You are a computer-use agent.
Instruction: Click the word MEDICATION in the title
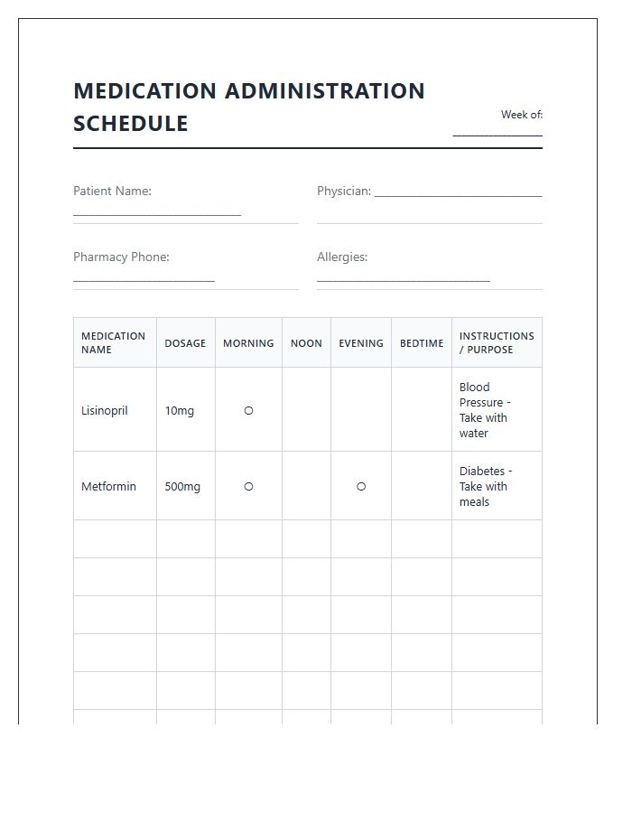coord(144,91)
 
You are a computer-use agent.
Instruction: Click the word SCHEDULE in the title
coord(131,124)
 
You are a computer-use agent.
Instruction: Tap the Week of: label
coord(522,115)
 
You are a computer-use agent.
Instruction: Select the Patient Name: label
coord(112,191)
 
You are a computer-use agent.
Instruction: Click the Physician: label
coord(344,191)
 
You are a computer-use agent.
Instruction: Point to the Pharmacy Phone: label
coord(121,257)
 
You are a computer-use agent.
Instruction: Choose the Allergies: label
coord(342,257)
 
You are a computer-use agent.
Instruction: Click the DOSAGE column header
coord(185,343)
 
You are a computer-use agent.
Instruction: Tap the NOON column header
coord(306,343)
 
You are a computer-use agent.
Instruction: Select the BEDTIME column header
coord(422,343)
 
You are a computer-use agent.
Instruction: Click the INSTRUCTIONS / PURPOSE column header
coord(497,343)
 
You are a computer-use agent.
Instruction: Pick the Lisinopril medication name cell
coord(105,410)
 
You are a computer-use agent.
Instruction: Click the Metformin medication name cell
coord(108,486)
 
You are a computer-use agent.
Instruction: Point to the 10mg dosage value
coord(179,410)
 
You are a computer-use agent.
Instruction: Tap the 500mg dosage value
coord(182,486)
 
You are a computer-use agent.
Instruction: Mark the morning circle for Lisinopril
coord(248,410)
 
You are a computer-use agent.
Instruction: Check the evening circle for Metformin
coord(361,486)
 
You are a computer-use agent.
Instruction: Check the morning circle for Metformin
coord(248,486)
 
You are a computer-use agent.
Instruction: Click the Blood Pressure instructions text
coord(485,410)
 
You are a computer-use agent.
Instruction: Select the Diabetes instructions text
coord(485,486)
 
